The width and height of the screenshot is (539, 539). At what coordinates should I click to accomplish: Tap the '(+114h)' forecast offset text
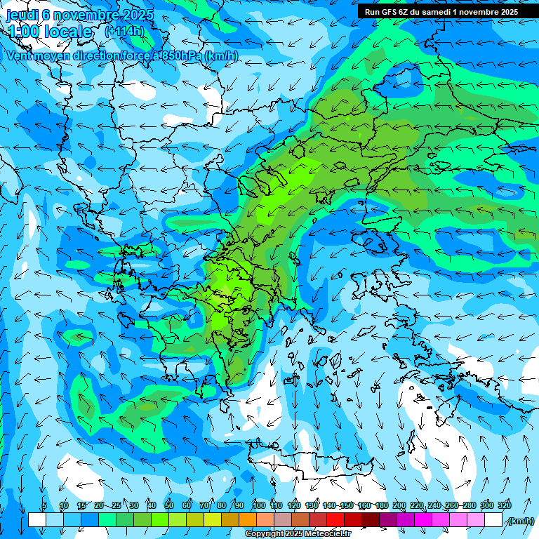124,32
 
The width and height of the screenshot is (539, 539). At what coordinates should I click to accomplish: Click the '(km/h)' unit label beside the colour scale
520,520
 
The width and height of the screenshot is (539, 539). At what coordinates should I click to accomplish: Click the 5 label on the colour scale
44,505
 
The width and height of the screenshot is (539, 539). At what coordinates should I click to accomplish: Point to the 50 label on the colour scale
168,505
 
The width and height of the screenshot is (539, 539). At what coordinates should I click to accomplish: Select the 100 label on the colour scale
258,505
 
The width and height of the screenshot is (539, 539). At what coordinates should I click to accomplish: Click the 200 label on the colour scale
399,505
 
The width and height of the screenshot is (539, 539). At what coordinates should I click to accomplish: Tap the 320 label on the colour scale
504,505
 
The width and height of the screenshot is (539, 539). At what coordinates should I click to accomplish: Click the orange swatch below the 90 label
248,520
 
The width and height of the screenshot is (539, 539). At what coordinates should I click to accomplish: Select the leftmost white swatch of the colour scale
37,520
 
